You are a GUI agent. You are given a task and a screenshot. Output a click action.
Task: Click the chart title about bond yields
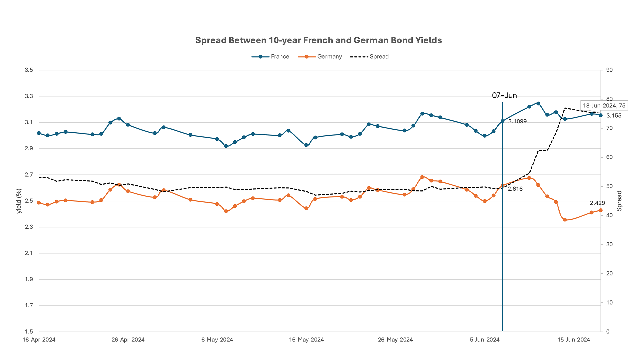tap(318, 40)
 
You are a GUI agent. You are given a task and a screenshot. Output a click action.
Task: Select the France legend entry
tap(270, 57)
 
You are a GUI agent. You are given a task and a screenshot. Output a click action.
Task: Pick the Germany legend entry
tap(320, 57)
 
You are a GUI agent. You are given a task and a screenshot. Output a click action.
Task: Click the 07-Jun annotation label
tap(504, 96)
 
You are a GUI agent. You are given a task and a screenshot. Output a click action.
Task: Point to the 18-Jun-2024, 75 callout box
tap(604, 106)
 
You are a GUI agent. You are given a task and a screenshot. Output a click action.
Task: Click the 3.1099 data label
tap(517, 122)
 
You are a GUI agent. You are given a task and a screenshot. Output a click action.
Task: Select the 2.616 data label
tap(515, 189)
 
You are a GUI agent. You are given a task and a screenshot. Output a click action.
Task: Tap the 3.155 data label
tap(614, 116)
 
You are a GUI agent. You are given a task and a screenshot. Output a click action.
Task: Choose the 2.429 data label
tap(597, 203)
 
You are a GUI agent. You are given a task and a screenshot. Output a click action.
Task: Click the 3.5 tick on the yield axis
tap(29, 70)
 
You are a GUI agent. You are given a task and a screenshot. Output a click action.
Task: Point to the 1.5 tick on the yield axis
tap(29, 332)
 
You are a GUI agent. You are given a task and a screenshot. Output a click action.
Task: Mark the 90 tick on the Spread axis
tap(609, 70)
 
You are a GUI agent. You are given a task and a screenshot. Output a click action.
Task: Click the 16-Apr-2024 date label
tap(39, 340)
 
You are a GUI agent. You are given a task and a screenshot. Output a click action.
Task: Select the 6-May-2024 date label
tap(217, 340)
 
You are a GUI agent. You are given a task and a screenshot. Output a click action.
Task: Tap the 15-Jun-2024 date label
tap(574, 340)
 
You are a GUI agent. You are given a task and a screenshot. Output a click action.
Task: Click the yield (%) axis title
tap(19, 201)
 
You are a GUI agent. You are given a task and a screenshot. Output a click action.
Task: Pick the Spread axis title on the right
tap(619, 201)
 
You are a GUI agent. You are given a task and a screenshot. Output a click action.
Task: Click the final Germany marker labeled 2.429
tap(601, 210)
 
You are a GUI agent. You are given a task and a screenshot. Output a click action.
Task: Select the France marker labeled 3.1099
tap(502, 121)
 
